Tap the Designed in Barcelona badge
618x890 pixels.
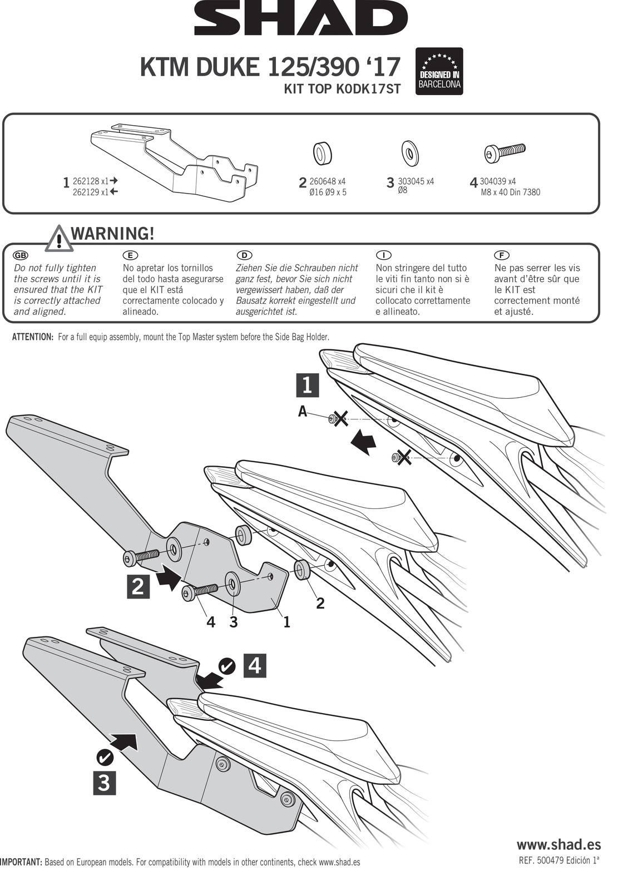439,71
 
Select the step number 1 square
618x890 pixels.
306,385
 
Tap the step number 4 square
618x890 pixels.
255,665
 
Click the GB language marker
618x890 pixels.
20,255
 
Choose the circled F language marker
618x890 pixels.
501,255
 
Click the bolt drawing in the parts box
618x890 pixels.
505,152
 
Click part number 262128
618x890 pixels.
86,181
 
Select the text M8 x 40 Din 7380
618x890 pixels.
510,192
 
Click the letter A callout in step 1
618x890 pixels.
303,411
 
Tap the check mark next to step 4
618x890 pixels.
226,665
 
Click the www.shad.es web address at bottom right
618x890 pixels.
558,844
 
